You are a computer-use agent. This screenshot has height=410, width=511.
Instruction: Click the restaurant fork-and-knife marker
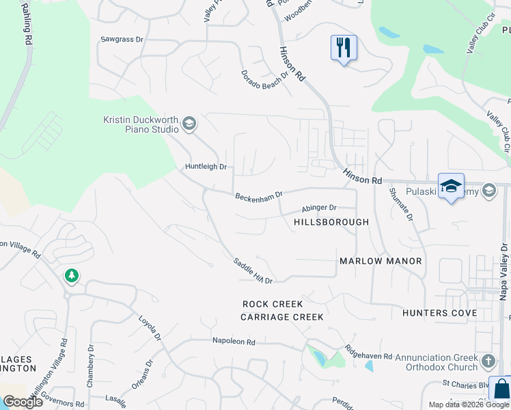(x=344, y=49)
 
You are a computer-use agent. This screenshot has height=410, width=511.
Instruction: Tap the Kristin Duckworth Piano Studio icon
(x=189, y=124)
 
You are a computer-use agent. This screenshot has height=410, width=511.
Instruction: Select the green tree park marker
(x=71, y=276)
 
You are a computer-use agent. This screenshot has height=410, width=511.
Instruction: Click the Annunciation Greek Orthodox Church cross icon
(x=488, y=361)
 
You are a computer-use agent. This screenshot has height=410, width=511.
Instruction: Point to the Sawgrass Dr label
(x=122, y=40)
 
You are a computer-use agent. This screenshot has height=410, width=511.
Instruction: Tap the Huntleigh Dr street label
(x=206, y=166)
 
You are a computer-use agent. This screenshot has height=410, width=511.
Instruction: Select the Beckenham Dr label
(x=259, y=197)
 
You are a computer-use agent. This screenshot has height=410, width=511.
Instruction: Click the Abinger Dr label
(x=320, y=208)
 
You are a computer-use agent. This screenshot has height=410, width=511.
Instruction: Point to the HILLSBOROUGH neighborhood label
(x=331, y=222)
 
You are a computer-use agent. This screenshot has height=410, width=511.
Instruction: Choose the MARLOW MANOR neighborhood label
(x=381, y=261)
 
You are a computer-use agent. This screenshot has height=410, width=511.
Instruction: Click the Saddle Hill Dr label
(x=253, y=271)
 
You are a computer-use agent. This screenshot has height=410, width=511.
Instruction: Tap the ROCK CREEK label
(x=273, y=303)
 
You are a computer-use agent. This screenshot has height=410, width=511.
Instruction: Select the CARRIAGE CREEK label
(x=281, y=317)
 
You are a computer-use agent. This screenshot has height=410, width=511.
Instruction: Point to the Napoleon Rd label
(x=233, y=341)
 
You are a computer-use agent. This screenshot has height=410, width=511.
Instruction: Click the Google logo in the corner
(x=23, y=402)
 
